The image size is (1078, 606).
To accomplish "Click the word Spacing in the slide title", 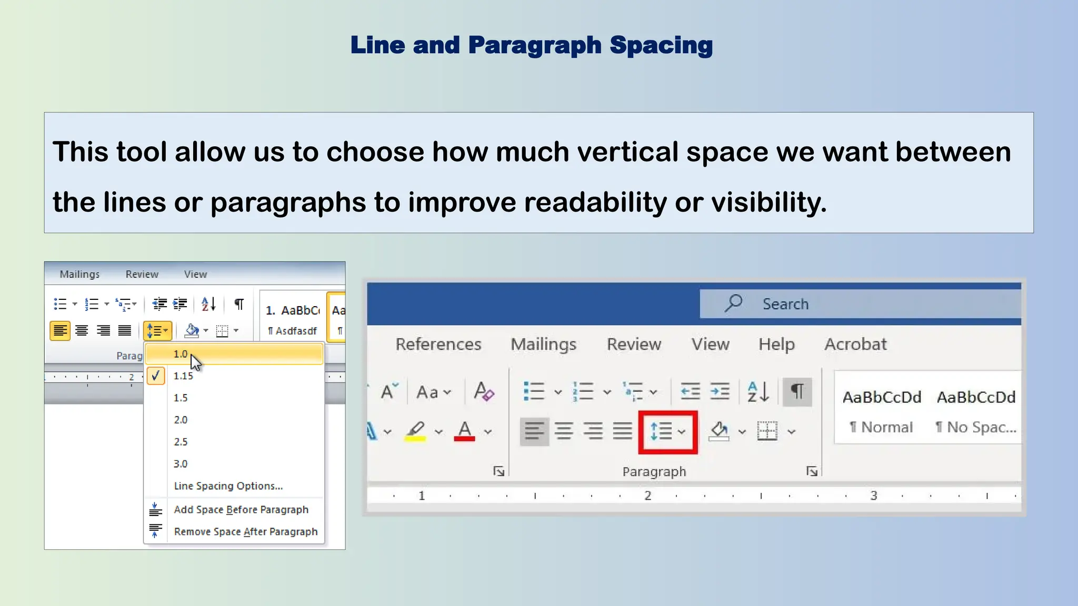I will coord(661,45).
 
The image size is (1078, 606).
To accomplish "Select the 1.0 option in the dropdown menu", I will coord(181,354).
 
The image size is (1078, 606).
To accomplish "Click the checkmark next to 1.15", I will coord(155,376).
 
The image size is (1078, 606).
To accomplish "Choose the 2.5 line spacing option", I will coord(181,442).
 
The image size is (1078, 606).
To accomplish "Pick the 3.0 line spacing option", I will coord(181,464).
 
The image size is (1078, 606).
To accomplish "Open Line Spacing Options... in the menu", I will coord(228,486).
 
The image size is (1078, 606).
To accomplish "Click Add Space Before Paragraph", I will coord(241,510).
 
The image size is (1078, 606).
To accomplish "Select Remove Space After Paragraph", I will coord(246,532).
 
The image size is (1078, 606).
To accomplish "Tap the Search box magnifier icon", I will coord(733,304).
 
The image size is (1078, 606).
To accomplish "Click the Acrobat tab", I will coord(855,344).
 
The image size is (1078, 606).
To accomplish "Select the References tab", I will coord(438,344).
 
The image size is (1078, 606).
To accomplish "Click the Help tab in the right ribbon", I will coord(776,344).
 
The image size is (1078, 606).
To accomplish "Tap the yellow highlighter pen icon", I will coord(415,430).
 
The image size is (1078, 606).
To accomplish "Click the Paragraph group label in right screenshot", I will coord(654,472).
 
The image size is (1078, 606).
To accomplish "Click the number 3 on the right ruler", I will coord(874,496).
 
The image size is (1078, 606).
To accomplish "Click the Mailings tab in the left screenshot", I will coord(79,274).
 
